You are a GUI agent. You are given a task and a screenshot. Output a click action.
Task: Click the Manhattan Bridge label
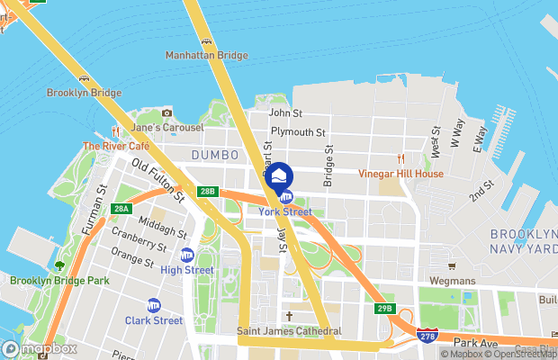click(x=206, y=56)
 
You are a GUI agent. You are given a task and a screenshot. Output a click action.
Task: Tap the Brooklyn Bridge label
click(x=84, y=93)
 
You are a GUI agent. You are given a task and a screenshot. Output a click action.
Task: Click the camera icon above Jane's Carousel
click(x=166, y=113)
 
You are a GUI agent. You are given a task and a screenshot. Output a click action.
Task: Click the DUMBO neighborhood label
click(x=213, y=155)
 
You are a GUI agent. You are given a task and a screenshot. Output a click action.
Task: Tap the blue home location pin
click(x=280, y=175)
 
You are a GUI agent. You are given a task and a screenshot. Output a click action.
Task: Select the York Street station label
click(x=284, y=211)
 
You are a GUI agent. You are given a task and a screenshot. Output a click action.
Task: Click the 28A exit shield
click(x=121, y=209)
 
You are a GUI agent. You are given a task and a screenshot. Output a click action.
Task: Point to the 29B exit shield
click(x=384, y=309)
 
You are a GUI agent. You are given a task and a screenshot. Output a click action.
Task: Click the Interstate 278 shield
click(x=428, y=336)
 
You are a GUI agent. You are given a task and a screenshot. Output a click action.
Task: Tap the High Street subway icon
click(x=187, y=255)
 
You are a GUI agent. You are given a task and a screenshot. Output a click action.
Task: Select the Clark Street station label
click(x=154, y=319)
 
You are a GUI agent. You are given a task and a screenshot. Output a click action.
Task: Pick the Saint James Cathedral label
click(x=289, y=331)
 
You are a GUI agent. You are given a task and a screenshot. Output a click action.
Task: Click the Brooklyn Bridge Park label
click(x=59, y=281)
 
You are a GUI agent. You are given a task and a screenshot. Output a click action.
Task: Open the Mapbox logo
click(x=40, y=348)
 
